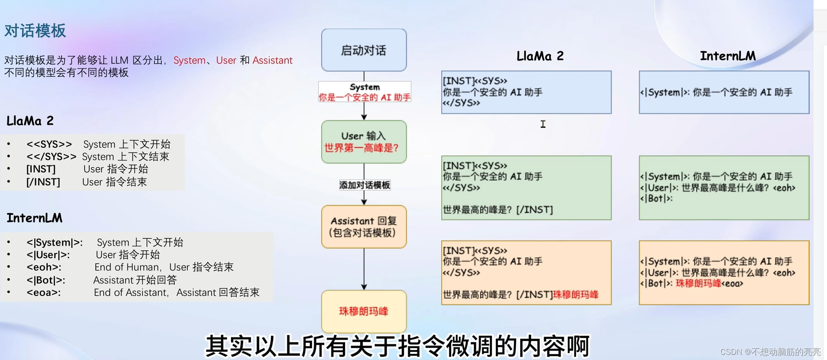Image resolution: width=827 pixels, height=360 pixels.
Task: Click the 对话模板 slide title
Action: point(35,31)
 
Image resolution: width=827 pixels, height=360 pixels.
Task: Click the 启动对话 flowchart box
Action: point(364,50)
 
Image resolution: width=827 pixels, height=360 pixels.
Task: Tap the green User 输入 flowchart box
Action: point(364,142)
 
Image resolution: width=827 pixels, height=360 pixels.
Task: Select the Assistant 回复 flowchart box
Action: point(364,227)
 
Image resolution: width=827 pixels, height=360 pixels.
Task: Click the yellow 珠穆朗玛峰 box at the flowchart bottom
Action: point(364,311)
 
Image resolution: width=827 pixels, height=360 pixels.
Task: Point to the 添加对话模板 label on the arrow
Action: point(365,185)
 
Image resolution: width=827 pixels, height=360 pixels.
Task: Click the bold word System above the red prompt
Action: point(365,87)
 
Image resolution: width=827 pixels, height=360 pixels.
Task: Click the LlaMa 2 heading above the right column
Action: point(540,56)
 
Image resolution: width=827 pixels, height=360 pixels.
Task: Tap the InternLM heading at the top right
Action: point(727,56)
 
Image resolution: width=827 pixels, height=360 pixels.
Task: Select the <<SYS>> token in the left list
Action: point(49,144)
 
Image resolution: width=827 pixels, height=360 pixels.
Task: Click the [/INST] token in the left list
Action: point(43,182)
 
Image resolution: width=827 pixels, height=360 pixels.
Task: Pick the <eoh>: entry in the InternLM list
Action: point(44,267)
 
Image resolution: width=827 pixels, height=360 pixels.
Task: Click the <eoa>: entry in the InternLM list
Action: point(43,293)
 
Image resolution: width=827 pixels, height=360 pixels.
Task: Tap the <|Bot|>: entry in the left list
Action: point(46,280)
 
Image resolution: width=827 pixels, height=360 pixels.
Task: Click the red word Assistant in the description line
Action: point(272,60)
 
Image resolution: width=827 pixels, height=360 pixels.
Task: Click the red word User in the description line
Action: point(226,60)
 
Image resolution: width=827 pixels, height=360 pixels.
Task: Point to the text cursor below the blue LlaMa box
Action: point(543,124)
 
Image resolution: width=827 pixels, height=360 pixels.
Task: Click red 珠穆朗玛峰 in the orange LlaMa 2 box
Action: point(576,295)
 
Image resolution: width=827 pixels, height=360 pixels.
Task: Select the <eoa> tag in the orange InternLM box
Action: point(732,284)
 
